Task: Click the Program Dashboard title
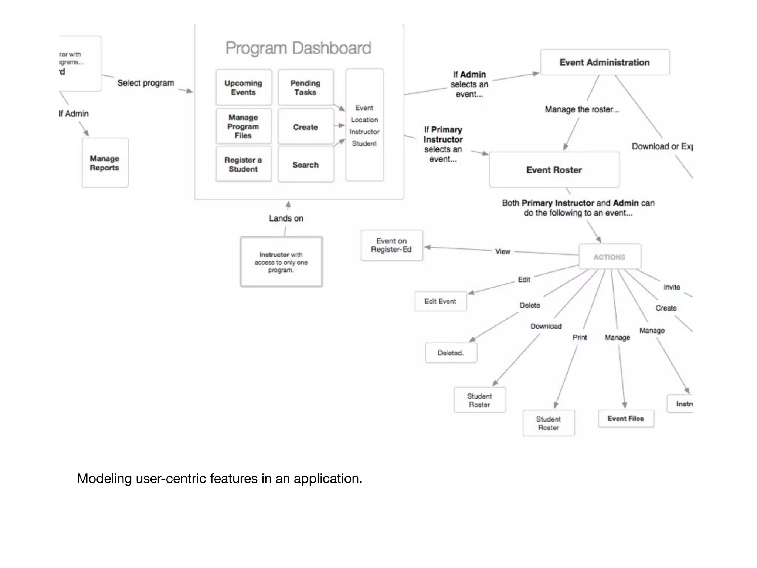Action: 298,48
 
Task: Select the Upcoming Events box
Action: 243,88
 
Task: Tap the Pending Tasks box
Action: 305,88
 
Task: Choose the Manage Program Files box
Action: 243,126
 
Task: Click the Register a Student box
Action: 243,164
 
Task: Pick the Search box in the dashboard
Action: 305,165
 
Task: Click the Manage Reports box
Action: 105,163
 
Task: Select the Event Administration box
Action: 604,62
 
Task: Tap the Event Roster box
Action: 554,170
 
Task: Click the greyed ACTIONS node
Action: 610,257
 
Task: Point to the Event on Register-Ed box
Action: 391,246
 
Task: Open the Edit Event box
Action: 440,301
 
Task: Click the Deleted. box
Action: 451,353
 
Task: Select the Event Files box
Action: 626,419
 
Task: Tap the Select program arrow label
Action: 146,83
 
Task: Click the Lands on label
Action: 286,219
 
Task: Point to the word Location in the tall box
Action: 364,120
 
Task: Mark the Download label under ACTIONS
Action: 546,327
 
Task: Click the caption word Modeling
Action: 104,479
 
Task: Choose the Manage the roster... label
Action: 582,109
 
